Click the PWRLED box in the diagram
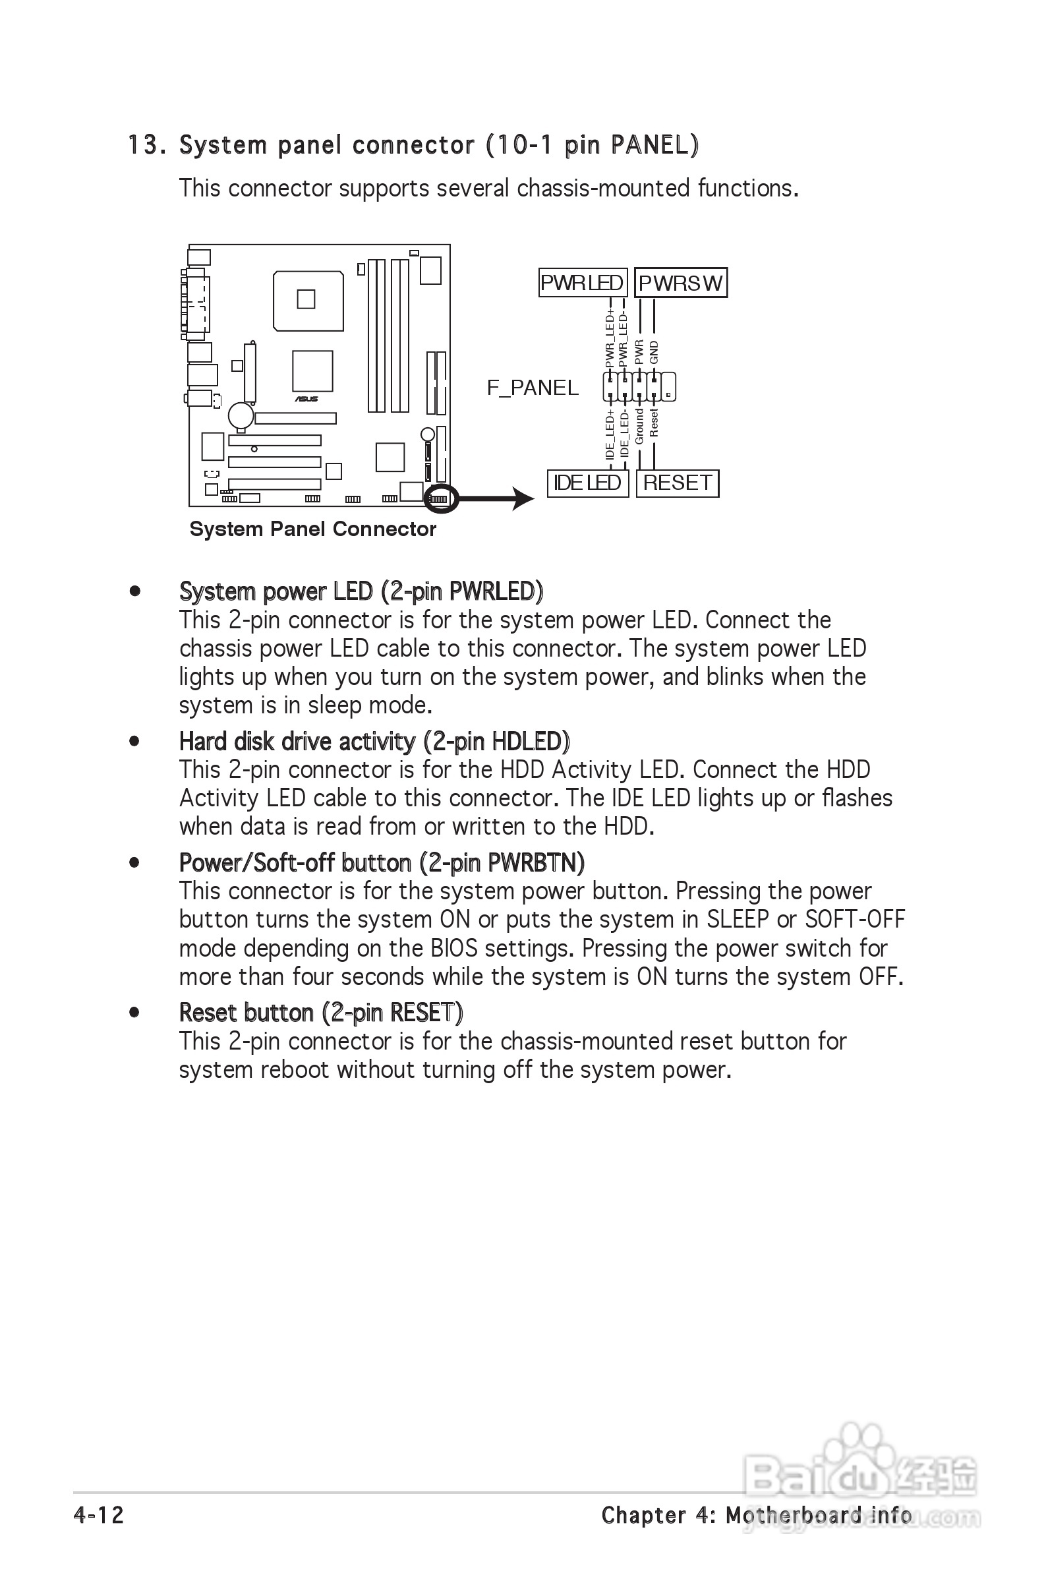point(582,283)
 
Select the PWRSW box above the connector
point(680,283)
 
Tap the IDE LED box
point(587,483)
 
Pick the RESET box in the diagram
point(677,483)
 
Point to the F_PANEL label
point(533,388)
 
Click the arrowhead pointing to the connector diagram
point(522,498)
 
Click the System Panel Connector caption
point(312,529)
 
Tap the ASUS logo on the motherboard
point(307,399)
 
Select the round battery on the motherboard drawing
point(241,415)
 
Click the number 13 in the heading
point(142,145)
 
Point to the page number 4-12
point(99,1515)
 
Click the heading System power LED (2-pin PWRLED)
point(361,591)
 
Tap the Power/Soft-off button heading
point(382,862)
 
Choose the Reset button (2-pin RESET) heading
point(321,1013)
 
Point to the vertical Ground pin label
point(639,427)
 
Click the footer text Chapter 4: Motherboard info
point(757,1515)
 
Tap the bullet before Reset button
point(134,1013)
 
